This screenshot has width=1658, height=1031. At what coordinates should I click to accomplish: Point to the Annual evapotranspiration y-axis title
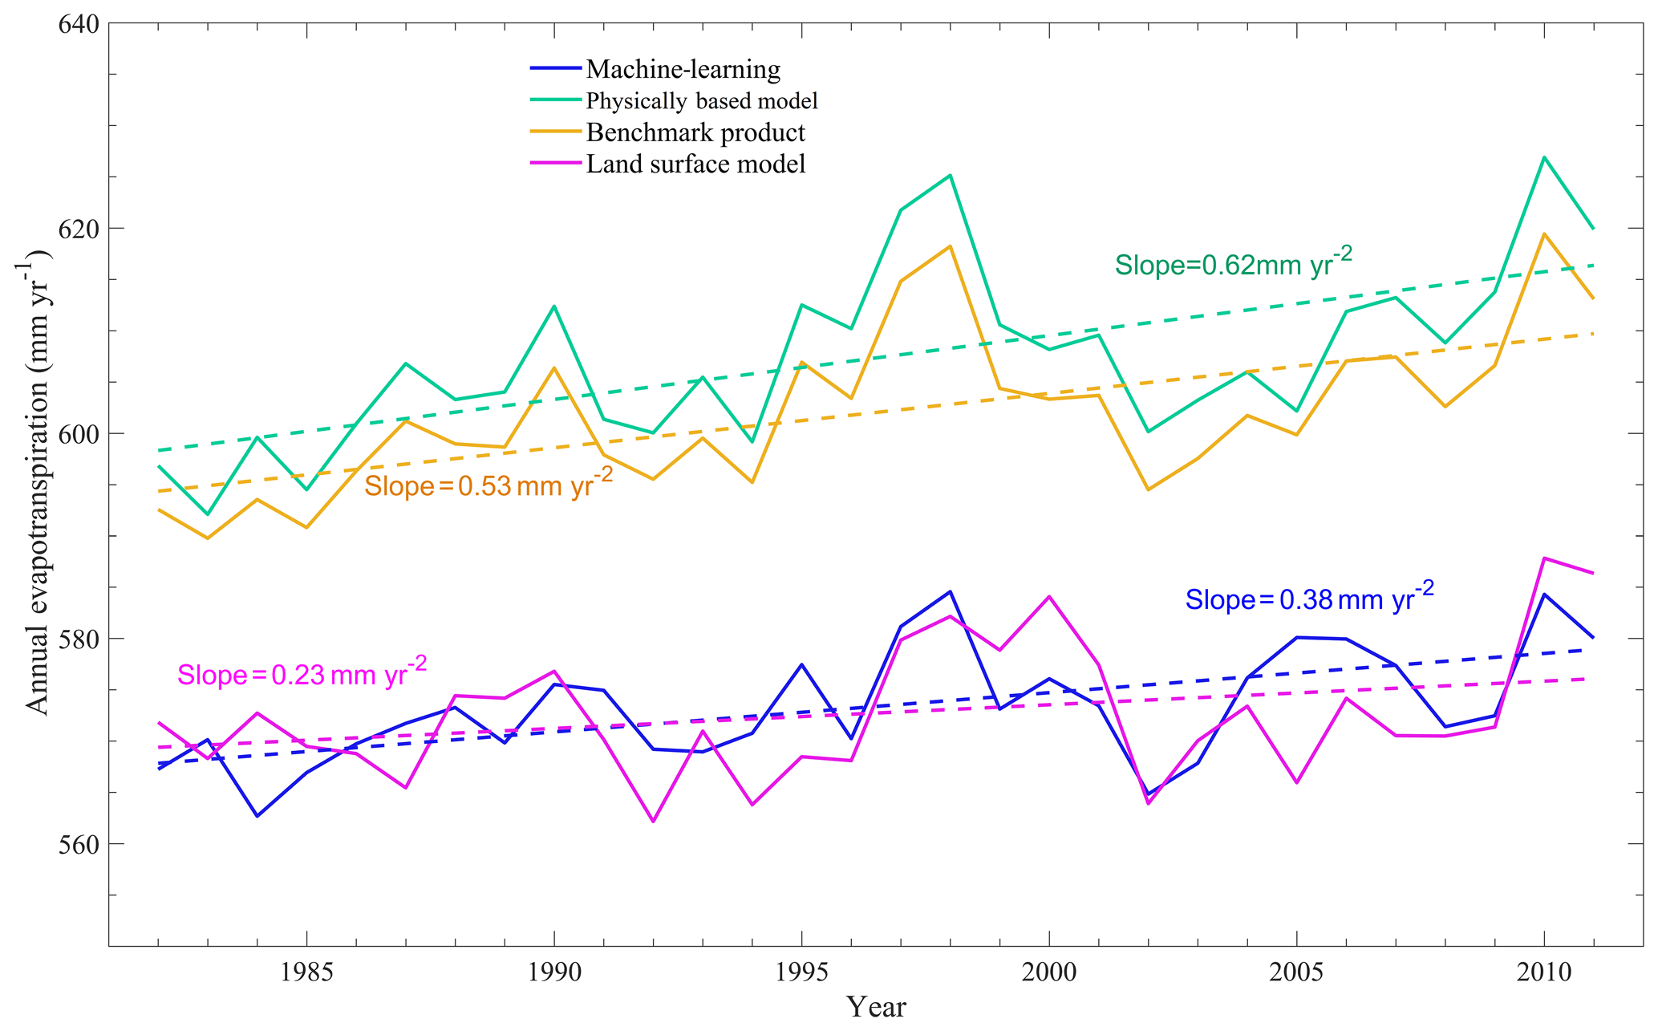click(39, 481)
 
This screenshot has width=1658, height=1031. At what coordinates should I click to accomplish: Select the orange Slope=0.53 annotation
click(488, 484)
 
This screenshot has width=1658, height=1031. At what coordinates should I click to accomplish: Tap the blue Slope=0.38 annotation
click(1309, 599)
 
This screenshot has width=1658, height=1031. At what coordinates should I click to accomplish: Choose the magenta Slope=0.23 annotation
click(302, 673)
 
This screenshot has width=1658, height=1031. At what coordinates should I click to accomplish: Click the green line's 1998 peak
click(950, 175)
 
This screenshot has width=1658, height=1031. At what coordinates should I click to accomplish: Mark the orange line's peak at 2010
click(1544, 233)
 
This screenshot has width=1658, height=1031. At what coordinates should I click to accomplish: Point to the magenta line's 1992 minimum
click(653, 822)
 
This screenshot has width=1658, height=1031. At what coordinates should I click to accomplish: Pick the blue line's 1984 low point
click(257, 816)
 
